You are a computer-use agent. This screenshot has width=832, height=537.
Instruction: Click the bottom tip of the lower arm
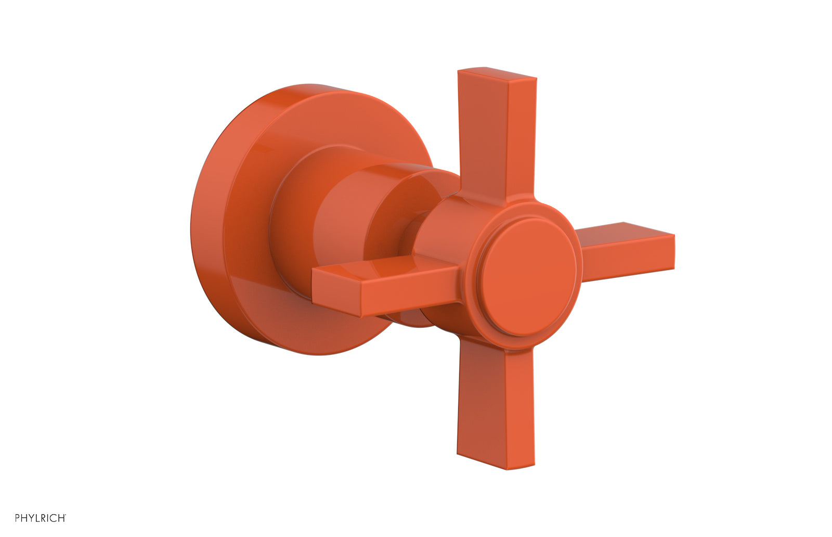489,463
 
